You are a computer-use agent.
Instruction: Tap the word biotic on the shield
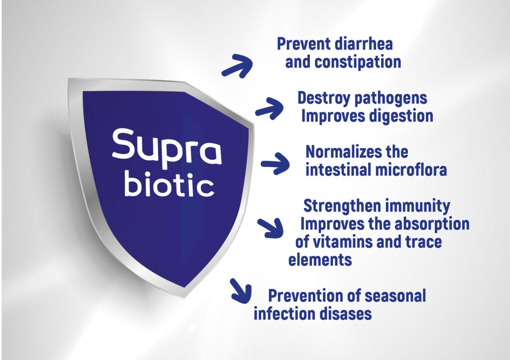[169, 185]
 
